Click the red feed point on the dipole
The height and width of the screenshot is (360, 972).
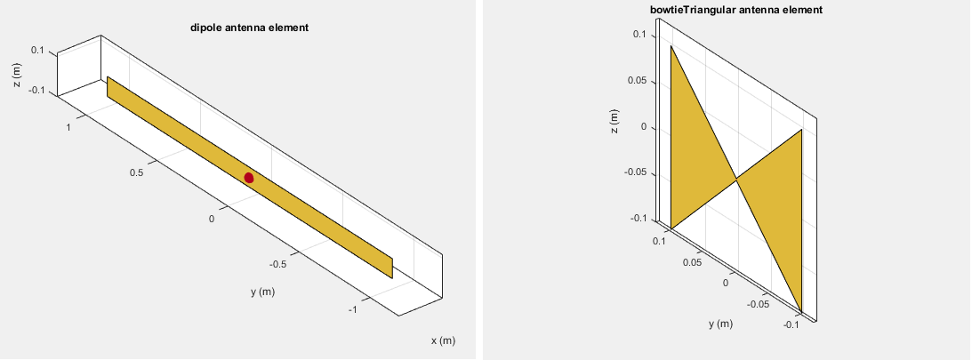coord(249,178)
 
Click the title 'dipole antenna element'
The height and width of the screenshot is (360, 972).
coord(249,28)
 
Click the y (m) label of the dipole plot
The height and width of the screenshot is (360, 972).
coord(263,292)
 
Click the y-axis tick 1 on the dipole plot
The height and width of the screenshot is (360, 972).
coord(68,128)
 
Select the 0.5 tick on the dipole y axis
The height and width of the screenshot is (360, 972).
coord(137,172)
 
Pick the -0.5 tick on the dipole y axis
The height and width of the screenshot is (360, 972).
coord(277,264)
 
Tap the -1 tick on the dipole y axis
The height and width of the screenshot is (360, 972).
coord(352,310)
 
